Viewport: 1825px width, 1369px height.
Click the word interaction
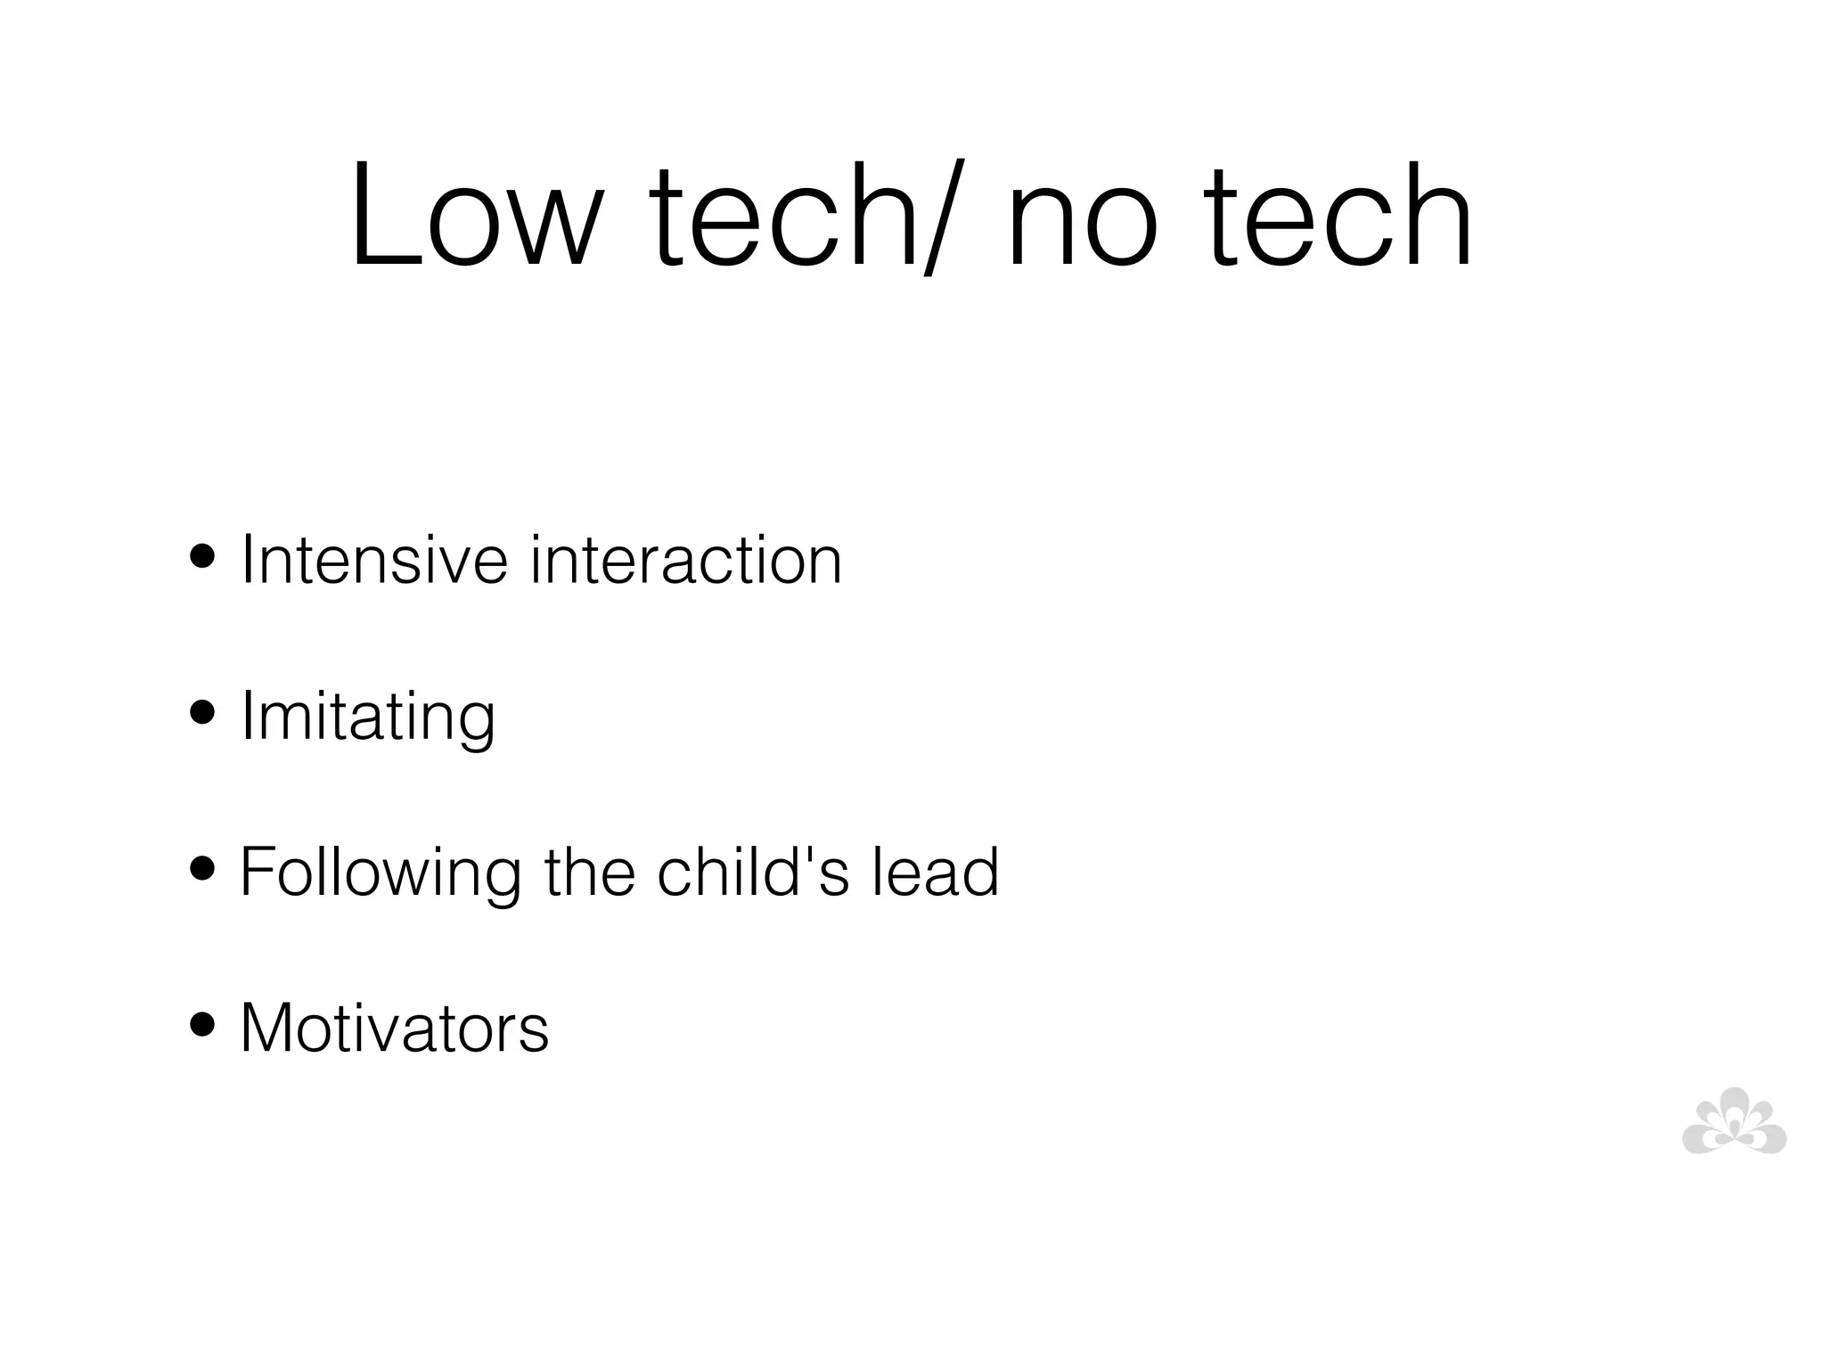pyautogui.click(x=686, y=560)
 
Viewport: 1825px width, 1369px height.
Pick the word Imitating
pyautogui.click(x=368, y=717)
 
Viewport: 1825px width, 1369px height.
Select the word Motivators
pyautogui.click(x=395, y=1028)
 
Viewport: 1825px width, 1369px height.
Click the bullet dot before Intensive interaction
pyautogui.click(x=203, y=559)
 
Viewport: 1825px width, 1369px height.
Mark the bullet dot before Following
pyautogui.click(x=203, y=870)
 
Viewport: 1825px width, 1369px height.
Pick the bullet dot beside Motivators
pyautogui.click(x=203, y=1026)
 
